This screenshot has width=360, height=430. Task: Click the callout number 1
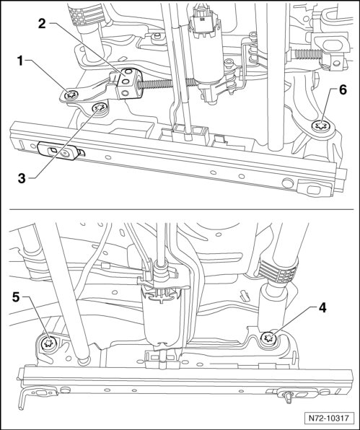coord(20,61)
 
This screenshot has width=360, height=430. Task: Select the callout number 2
coord(42,24)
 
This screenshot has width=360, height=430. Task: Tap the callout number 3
coord(22,178)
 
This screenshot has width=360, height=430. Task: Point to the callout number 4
coord(322,307)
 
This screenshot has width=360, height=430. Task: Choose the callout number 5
coord(16,297)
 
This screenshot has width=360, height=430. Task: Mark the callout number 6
coord(343,90)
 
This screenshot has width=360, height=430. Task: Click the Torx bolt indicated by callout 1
coord(71,95)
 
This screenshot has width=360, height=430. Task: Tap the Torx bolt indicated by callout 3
coord(100,107)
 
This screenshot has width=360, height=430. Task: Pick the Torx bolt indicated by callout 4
coord(268,337)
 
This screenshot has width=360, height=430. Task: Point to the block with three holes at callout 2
coord(128,83)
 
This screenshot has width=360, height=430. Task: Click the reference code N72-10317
coord(329,418)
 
